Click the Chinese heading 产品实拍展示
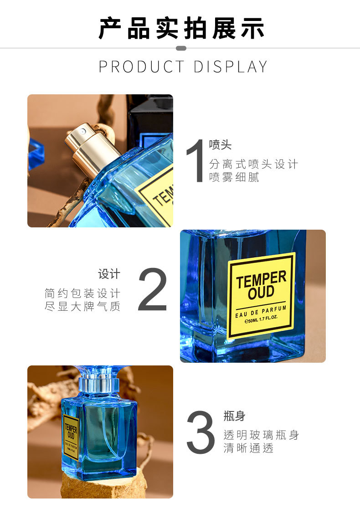(181, 28)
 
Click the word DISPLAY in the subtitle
(230, 67)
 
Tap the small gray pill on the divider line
(181, 48)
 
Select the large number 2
(153, 290)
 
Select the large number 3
(201, 432)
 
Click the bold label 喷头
(220, 145)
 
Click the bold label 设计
(109, 274)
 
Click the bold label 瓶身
(234, 416)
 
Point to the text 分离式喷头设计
(253, 164)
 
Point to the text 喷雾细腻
(234, 178)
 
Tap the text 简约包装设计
(82, 293)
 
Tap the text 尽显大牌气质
(82, 307)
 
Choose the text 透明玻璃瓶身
(261, 435)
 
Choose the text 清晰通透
(248, 448)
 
